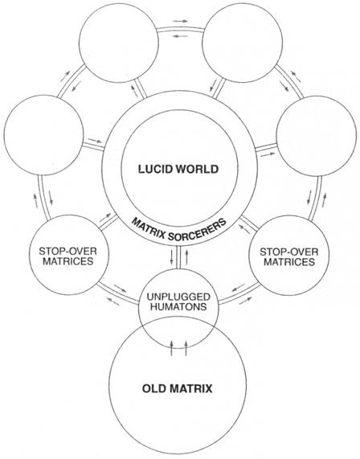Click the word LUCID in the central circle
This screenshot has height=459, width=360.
click(x=153, y=169)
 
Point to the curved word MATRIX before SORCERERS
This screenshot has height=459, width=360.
click(x=147, y=227)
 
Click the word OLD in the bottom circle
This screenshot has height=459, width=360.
click(x=153, y=389)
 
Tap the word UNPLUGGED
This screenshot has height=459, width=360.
click(x=178, y=297)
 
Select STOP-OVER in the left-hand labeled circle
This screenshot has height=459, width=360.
click(x=67, y=251)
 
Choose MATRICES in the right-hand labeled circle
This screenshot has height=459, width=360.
click(x=289, y=262)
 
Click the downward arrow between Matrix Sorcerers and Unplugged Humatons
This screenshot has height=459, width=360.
click(x=172, y=256)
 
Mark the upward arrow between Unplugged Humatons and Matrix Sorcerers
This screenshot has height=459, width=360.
click(x=186, y=256)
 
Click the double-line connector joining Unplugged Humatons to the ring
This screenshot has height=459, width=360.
click(x=179, y=256)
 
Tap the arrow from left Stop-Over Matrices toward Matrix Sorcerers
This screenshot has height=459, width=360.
click(x=105, y=217)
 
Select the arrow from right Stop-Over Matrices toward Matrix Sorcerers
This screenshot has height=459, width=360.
click(x=244, y=228)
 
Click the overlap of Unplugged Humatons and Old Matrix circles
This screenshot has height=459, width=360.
click(x=178, y=330)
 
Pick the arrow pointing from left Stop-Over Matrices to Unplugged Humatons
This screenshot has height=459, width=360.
click(x=120, y=288)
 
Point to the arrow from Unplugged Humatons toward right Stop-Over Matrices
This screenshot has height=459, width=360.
click(x=245, y=301)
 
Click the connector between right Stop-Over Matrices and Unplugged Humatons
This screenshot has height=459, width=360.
click(x=239, y=293)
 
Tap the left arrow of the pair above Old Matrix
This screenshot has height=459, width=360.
click(x=172, y=348)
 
